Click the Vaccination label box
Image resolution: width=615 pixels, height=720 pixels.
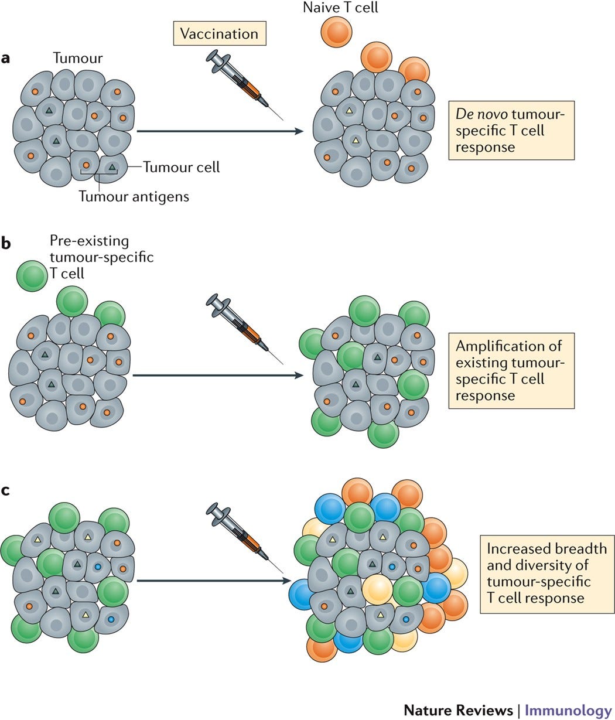coord(220,33)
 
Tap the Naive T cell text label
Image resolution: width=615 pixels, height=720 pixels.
coord(340,7)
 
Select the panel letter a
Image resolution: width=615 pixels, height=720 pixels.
coord(5,58)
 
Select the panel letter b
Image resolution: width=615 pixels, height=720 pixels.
coord(6,243)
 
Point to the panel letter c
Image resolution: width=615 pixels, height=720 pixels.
coord(5,490)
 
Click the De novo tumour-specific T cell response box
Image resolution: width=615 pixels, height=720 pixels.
coord(511,130)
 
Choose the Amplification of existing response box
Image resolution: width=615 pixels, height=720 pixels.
coord(511,371)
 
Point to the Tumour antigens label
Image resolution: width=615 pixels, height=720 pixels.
coord(134,196)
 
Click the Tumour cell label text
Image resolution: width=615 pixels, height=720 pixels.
coord(182,167)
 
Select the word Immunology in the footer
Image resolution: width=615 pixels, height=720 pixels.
coord(568,710)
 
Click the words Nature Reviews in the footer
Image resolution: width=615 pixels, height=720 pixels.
coord(458,709)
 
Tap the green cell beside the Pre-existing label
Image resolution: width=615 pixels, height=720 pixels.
coord(32,276)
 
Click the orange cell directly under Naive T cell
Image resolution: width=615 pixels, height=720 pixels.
coord(336,32)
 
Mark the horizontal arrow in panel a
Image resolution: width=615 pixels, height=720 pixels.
coord(220,131)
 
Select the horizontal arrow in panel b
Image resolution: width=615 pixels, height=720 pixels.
coord(218,375)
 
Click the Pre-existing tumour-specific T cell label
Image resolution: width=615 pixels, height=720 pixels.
coord(102,257)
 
